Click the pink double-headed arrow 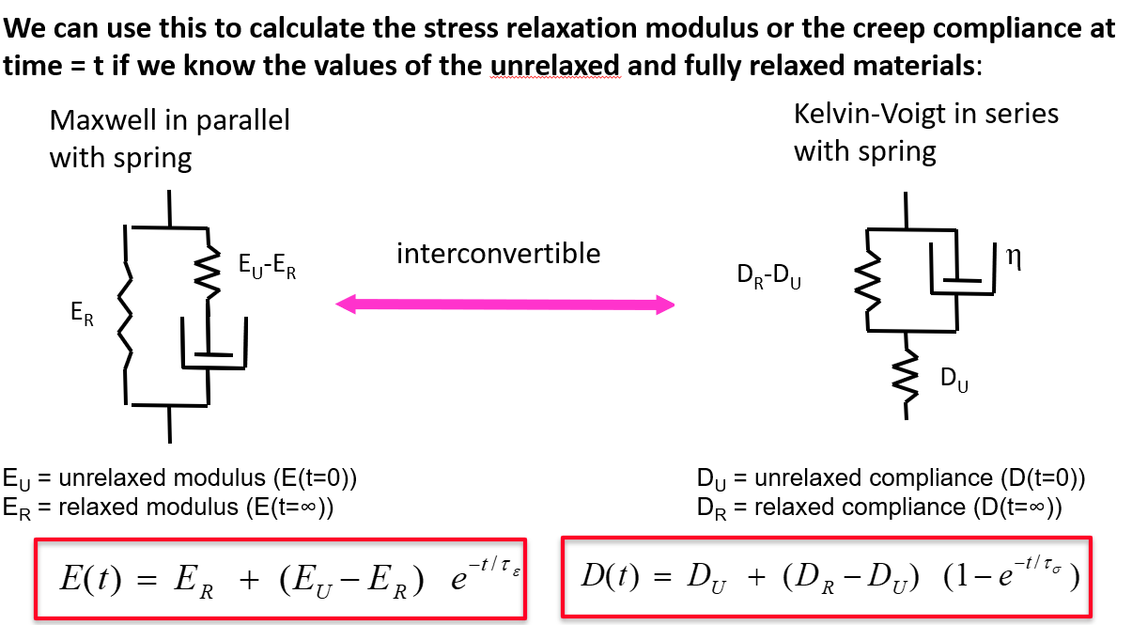pyautogui.click(x=505, y=304)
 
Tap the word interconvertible pyautogui.click(x=498, y=254)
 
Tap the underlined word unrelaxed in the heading pyautogui.click(x=555, y=66)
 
